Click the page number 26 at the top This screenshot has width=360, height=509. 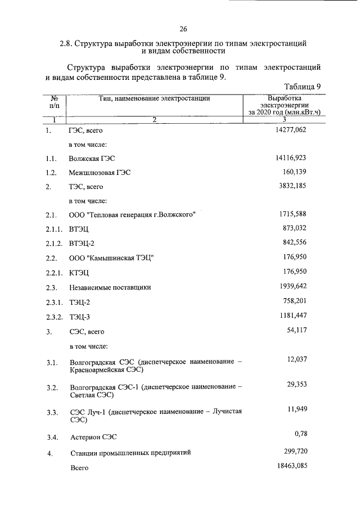click(183, 29)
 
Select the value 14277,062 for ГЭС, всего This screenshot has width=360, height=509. click(288, 130)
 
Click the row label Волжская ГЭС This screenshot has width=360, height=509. click(95, 159)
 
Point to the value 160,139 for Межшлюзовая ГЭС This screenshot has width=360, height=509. click(293, 172)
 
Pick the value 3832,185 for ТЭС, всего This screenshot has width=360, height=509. click(290, 186)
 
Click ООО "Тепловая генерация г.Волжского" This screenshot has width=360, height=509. click(132, 215)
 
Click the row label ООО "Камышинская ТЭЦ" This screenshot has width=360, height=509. click(111, 258)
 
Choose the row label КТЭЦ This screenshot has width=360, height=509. click(79, 273)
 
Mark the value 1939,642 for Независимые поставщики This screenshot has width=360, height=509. click(290, 286)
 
